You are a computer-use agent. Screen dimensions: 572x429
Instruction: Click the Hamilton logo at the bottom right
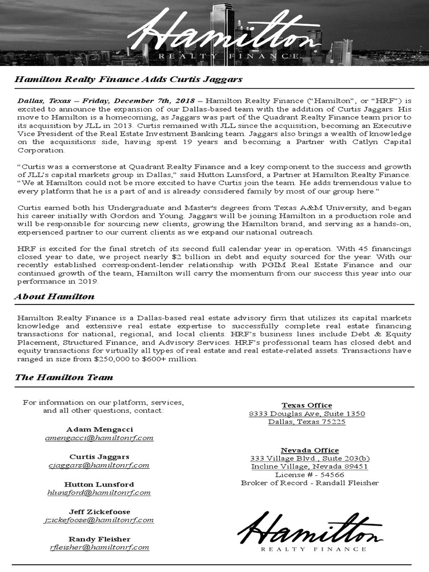pyautogui.click(x=310, y=531)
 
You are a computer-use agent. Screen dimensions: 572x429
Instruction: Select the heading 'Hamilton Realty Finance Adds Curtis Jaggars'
pyautogui.click(x=128, y=79)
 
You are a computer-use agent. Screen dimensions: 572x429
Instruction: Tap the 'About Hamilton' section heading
pyautogui.click(x=54, y=297)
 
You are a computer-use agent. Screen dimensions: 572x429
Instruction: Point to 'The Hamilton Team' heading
pyautogui.click(x=64, y=377)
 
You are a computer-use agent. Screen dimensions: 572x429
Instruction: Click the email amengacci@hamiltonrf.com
pyautogui.click(x=99, y=438)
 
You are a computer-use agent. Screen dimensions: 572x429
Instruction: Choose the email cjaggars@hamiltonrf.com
pyautogui.click(x=99, y=465)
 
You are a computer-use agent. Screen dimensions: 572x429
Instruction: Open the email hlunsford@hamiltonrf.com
pyautogui.click(x=99, y=493)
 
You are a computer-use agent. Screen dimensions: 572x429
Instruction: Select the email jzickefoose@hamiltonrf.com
pyautogui.click(x=99, y=520)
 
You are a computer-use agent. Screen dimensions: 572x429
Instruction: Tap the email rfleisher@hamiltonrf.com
pyautogui.click(x=99, y=547)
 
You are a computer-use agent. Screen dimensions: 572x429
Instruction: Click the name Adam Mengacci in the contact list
pyautogui.click(x=99, y=429)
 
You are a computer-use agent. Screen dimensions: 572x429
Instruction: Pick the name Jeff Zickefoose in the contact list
pyautogui.click(x=99, y=511)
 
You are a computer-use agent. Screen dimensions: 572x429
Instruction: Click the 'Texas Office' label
pyautogui.click(x=307, y=405)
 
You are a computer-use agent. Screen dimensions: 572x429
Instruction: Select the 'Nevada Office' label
pyautogui.click(x=309, y=450)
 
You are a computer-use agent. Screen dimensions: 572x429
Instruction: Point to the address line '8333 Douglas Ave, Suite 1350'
pyautogui.click(x=307, y=414)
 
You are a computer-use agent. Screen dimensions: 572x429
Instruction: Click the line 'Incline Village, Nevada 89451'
pyautogui.click(x=309, y=466)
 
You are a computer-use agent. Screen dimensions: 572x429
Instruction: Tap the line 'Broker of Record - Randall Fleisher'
pyautogui.click(x=309, y=483)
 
